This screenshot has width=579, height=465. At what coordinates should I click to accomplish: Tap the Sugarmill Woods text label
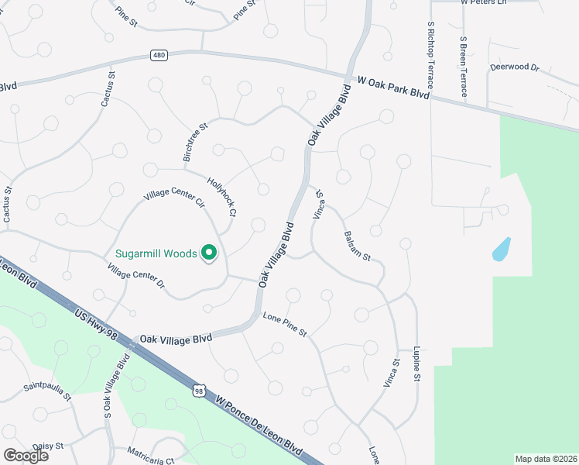pos(156,253)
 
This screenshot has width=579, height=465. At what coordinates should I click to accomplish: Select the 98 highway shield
pos(200,391)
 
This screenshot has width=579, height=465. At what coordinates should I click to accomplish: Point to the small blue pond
pos(502,248)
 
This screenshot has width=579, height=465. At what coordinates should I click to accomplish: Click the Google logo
pos(26,456)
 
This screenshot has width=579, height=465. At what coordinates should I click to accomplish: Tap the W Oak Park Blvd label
pos(392,85)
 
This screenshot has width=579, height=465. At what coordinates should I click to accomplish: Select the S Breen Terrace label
pos(462,65)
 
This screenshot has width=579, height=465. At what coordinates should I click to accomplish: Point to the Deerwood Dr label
pos(514,68)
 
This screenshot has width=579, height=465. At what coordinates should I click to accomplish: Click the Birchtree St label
pos(195,141)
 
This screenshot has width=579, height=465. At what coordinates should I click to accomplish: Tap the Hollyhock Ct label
pos(221,196)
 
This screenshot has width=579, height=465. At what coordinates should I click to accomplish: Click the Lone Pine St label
pos(285,325)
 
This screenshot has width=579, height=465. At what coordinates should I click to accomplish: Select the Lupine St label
pos(416,363)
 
